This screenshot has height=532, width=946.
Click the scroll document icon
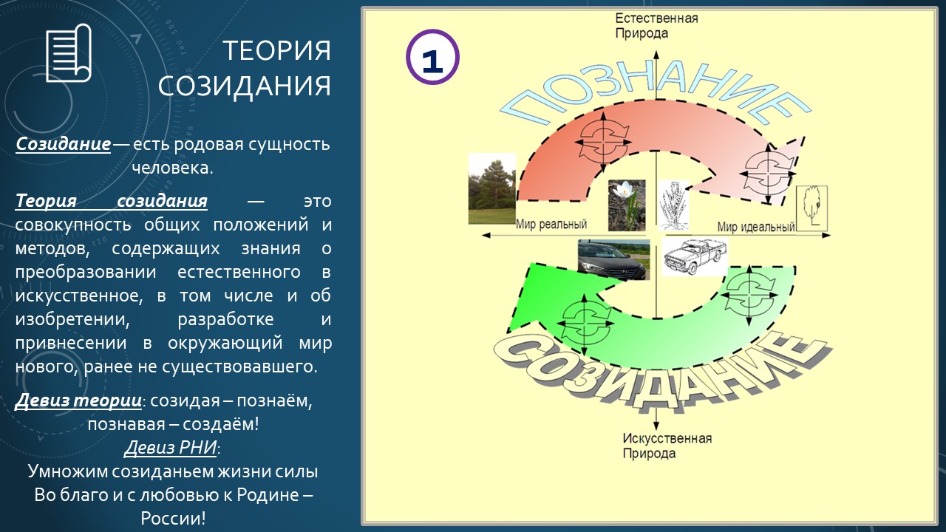[69, 53]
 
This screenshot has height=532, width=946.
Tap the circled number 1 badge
[432, 57]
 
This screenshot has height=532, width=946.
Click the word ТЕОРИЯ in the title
[276, 51]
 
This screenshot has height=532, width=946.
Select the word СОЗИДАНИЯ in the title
[245, 86]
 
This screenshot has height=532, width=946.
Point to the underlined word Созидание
[64, 144]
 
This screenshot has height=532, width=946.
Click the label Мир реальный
[551, 224]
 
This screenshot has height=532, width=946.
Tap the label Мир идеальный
[756, 227]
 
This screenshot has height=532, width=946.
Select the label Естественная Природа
[656, 26]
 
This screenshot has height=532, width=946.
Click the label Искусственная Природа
[667, 446]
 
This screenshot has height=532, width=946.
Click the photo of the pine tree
[492, 188]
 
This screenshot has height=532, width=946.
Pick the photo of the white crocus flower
[627, 205]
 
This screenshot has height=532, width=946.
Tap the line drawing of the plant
[674, 205]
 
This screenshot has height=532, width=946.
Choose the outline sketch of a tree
[811, 208]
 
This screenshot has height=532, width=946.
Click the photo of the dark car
[613, 259]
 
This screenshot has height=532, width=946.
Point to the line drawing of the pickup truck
[695, 256]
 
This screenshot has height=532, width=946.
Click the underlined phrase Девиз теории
[78, 400]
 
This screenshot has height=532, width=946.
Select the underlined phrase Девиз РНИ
[171, 448]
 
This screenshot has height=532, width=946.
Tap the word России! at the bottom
[173, 519]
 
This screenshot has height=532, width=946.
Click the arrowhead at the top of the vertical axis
[656, 54]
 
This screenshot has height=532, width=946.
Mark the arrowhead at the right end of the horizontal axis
[827, 235]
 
